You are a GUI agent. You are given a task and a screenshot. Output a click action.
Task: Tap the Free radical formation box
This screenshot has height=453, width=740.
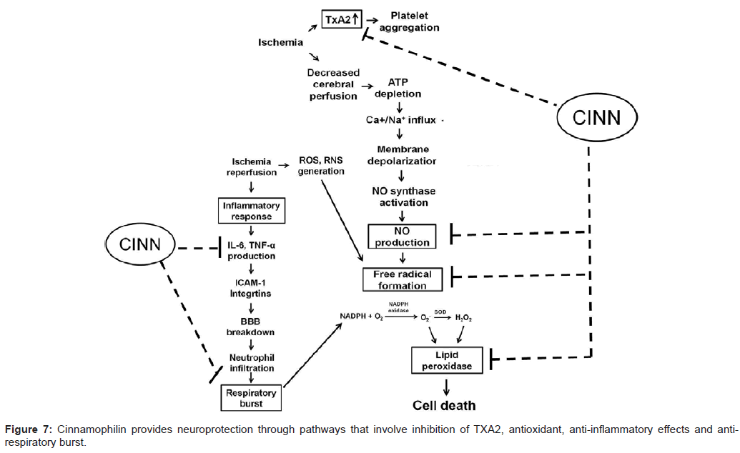click(404, 279)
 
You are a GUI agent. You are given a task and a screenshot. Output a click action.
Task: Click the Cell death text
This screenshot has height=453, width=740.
click(444, 406)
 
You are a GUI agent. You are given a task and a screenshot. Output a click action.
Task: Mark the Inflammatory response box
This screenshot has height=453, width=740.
click(252, 211)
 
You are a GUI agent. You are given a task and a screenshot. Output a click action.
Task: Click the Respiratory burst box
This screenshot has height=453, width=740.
click(252, 398)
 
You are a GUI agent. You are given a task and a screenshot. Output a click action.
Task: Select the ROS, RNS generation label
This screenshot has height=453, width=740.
click(320, 166)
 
